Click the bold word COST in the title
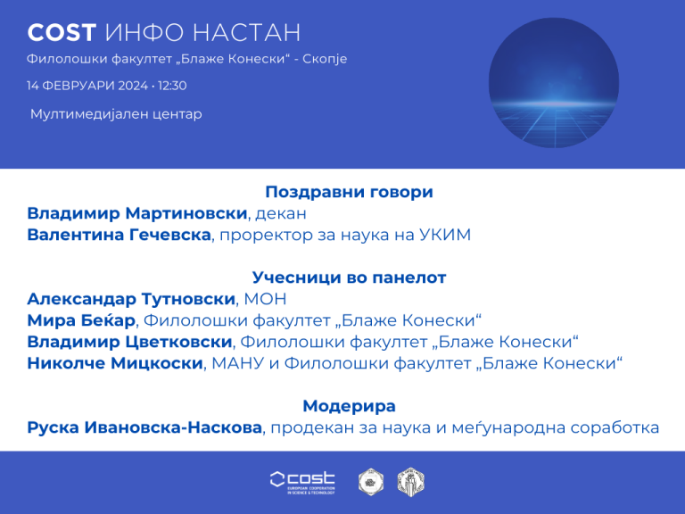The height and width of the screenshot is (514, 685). (62, 32)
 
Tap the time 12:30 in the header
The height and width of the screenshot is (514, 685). (172, 86)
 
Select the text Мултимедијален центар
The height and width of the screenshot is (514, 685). (116, 114)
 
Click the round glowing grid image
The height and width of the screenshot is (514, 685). (554, 83)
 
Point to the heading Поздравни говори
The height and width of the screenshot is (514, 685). (349, 192)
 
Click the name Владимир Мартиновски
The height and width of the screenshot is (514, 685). (137, 213)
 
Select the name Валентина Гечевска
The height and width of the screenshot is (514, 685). (120, 235)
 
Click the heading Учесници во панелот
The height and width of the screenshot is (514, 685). (349, 278)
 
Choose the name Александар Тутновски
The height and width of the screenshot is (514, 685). (131, 299)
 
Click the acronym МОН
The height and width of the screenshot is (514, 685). (265, 299)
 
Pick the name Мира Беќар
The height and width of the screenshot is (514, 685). (81, 320)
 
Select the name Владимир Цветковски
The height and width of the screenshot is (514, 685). (129, 342)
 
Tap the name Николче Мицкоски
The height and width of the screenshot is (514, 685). (115, 363)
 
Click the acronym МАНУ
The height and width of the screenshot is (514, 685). (238, 363)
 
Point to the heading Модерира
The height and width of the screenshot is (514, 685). (349, 406)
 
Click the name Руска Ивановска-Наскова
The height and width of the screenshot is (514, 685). (144, 427)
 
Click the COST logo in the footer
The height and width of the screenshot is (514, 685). (302, 483)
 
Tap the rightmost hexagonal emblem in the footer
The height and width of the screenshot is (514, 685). (410, 482)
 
